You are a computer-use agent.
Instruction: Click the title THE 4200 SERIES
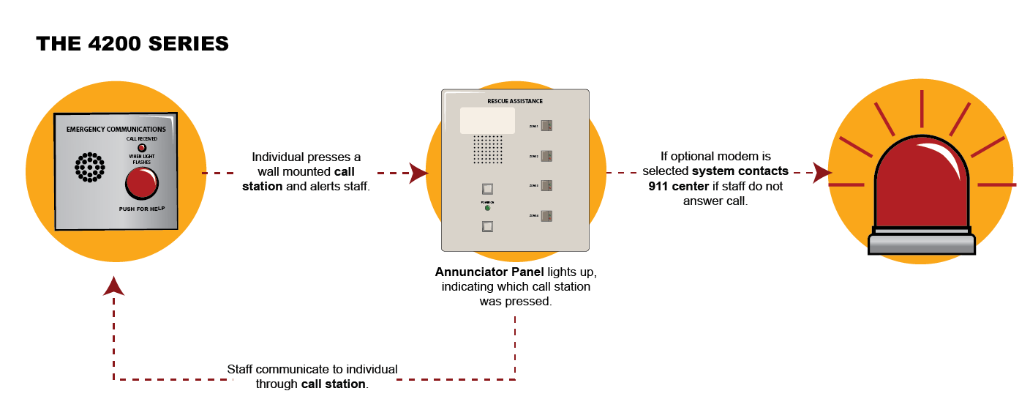click(132, 44)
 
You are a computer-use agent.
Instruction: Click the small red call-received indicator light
click(142, 148)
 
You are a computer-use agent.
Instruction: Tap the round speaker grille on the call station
click(89, 168)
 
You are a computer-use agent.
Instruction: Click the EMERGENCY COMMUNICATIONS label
click(116, 130)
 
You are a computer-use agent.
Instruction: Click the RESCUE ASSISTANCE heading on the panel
click(515, 101)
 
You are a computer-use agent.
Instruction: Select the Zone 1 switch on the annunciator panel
click(546, 126)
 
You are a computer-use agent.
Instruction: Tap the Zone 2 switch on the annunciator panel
click(546, 156)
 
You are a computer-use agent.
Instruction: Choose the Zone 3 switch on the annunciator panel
click(546, 186)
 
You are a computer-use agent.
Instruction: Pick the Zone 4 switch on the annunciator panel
click(546, 216)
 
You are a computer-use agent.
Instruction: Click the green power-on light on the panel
click(487, 208)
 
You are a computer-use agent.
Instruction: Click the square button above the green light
click(487, 190)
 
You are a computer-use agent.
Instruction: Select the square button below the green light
click(487, 226)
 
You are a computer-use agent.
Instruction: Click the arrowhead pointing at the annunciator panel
click(418, 174)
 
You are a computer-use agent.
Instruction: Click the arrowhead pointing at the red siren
click(822, 174)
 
